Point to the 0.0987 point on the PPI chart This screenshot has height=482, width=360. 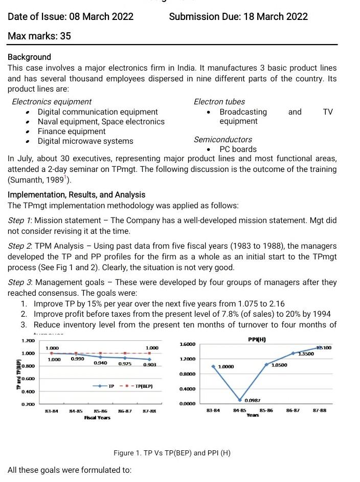point(239,400)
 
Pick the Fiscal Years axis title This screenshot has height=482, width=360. point(97,417)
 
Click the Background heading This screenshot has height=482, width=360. point(29,57)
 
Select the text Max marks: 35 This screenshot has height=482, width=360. point(39,36)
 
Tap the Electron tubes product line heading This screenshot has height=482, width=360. point(219,102)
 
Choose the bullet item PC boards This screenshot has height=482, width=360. point(238,149)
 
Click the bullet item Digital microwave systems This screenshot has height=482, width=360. point(85,141)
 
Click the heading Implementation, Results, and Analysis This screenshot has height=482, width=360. point(76,194)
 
